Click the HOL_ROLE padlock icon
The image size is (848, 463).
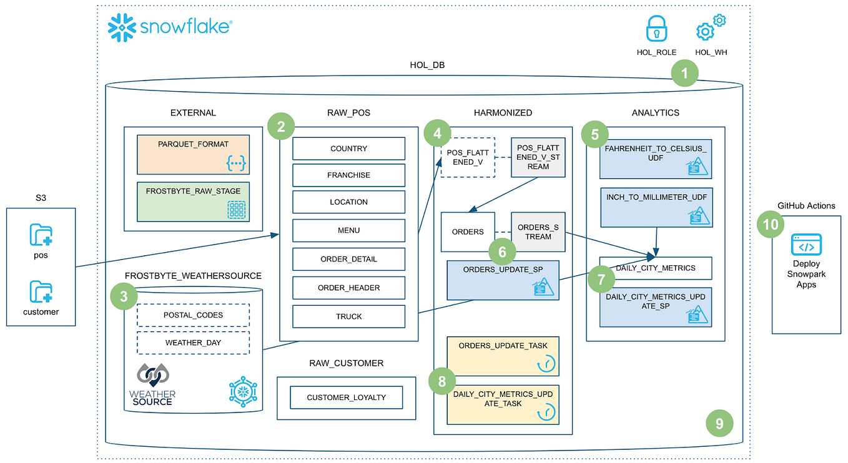coord(656,29)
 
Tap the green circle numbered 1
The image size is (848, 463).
coord(684,74)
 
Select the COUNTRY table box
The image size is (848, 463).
coord(348,149)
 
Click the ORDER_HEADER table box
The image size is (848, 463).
coord(348,288)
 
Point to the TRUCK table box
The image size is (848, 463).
coord(348,316)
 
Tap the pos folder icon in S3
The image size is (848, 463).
coord(41,235)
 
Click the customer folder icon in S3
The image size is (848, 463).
coord(41,291)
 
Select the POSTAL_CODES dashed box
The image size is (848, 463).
coord(193,315)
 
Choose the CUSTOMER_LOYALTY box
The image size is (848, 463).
coord(346,397)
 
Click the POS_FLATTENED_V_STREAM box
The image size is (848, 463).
coord(538,157)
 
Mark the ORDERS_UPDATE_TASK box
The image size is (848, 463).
coord(503,354)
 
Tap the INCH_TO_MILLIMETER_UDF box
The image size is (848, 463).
coord(656,207)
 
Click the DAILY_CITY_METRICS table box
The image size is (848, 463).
coord(655,268)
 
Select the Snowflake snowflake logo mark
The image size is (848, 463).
coord(122,28)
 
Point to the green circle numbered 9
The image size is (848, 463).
coord(719,424)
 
